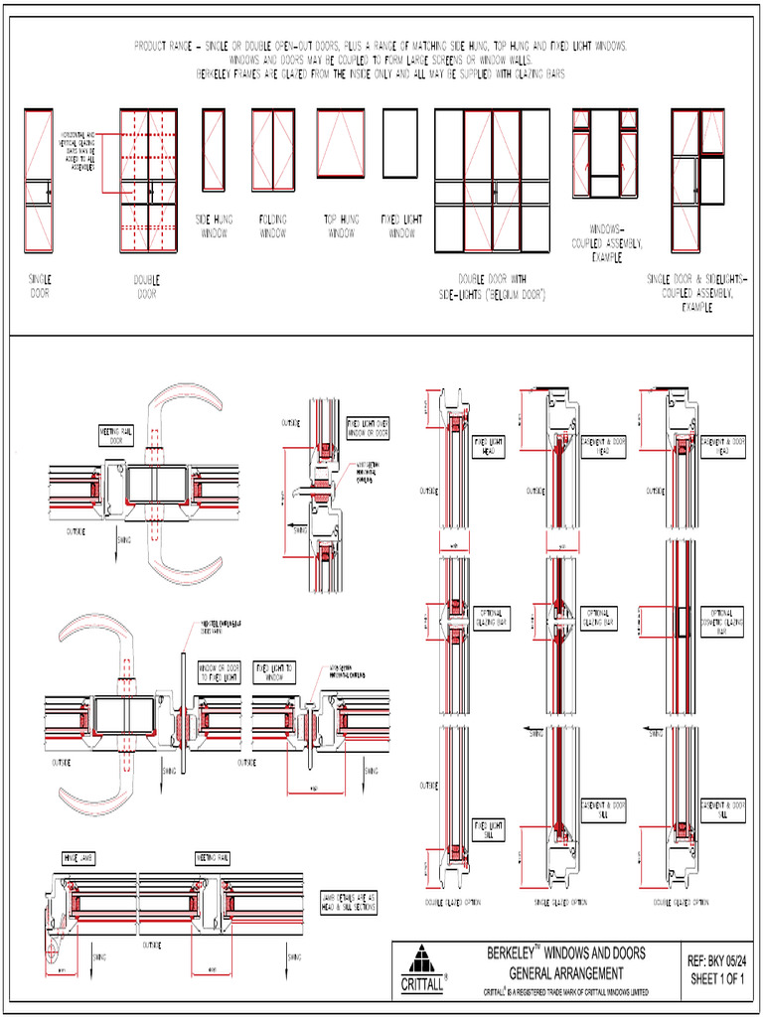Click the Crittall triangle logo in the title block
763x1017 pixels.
(x=422, y=965)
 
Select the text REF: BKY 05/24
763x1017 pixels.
(x=716, y=959)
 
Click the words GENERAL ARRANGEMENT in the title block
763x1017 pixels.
(x=566, y=973)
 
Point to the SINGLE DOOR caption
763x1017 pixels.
(x=41, y=286)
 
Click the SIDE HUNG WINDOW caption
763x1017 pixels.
(x=213, y=225)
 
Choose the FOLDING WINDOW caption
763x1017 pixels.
(x=273, y=225)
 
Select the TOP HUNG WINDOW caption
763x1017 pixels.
(x=341, y=225)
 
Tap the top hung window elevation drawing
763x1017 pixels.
(x=341, y=143)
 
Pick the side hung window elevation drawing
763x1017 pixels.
(x=213, y=149)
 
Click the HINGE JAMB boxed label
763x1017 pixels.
(x=79, y=857)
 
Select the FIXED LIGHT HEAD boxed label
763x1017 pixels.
(x=490, y=446)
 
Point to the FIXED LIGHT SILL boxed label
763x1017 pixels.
(x=490, y=830)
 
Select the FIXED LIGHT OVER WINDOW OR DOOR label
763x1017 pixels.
(x=367, y=428)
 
